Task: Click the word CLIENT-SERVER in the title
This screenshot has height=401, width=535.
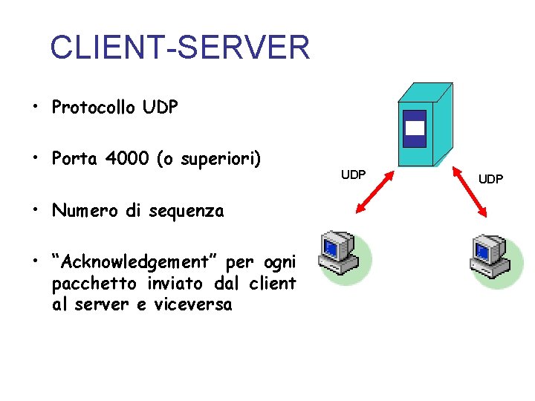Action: [x=179, y=48]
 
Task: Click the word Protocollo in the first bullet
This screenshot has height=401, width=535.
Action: [x=94, y=108]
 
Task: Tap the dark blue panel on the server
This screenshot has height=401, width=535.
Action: [x=415, y=129]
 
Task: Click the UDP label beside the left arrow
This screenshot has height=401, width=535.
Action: [x=353, y=175]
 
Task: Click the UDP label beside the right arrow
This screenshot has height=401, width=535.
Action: [x=490, y=179]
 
